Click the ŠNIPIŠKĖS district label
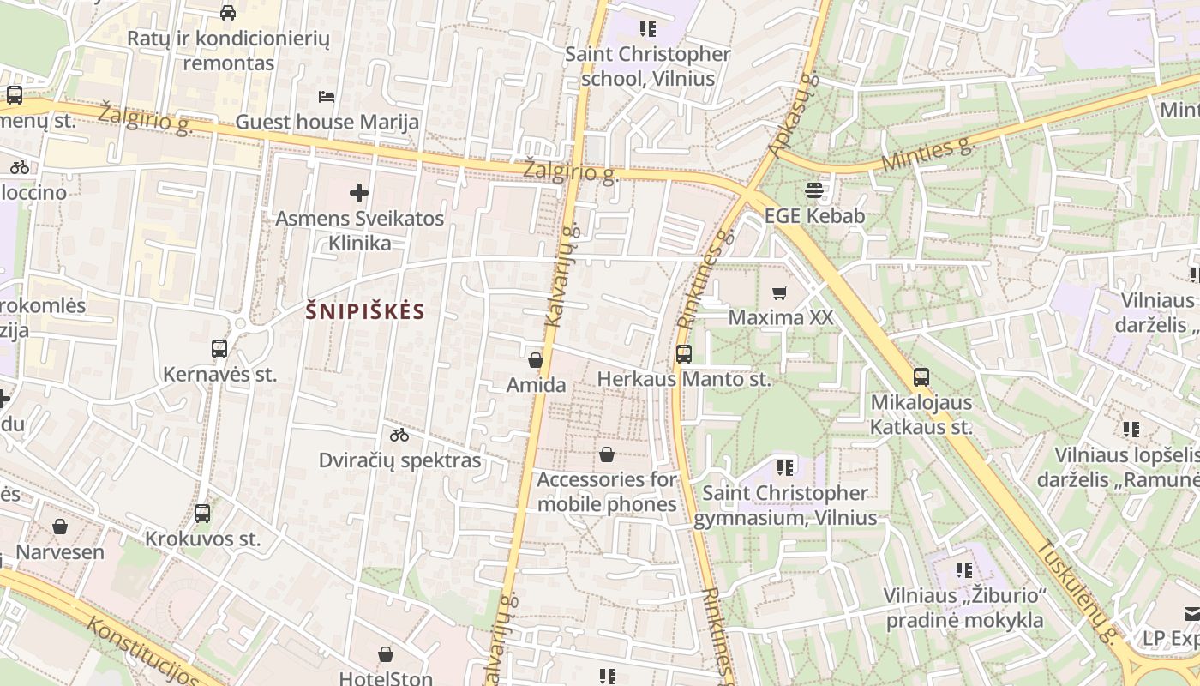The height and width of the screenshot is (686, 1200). [x=365, y=311]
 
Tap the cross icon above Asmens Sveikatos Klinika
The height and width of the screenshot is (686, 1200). [x=359, y=193]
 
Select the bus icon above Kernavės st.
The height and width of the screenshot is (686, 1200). [x=219, y=349]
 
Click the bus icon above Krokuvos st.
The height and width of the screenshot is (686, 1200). [x=202, y=514]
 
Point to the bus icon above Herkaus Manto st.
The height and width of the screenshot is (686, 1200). [x=683, y=353]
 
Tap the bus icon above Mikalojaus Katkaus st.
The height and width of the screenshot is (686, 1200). [x=921, y=376]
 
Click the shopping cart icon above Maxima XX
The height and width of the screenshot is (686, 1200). [x=779, y=293]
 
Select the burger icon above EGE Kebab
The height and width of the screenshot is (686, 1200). [x=813, y=190]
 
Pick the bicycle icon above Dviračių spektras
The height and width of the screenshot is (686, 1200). [x=399, y=435]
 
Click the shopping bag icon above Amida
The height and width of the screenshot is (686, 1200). [x=536, y=360]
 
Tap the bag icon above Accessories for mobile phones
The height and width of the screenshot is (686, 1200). [x=607, y=454]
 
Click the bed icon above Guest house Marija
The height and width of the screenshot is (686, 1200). [x=327, y=96]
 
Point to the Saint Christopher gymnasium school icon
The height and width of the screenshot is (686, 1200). [x=785, y=467]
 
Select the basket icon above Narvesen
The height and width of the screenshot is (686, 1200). [x=60, y=527]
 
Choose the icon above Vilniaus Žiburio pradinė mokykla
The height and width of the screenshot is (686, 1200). [x=964, y=569]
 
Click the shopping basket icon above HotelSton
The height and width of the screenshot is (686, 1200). [x=386, y=654]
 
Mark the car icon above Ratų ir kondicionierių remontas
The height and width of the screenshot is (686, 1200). [x=228, y=12]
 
